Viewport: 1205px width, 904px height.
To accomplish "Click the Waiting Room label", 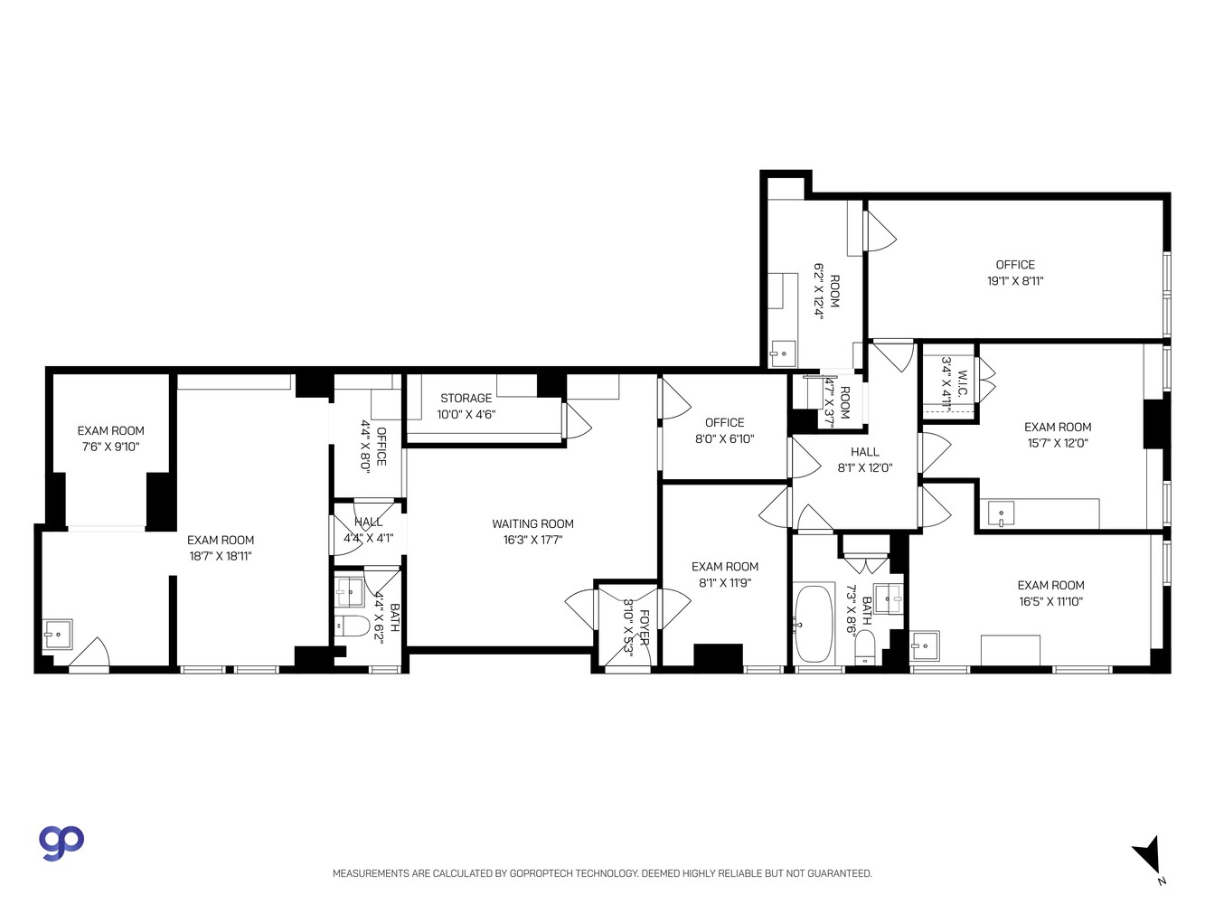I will click(532, 523).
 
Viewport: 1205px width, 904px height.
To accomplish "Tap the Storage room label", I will click(466, 399).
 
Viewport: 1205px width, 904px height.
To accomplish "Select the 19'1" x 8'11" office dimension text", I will click(1015, 281).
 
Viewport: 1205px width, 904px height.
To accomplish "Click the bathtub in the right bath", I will click(815, 624).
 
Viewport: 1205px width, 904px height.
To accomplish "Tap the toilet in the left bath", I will click(352, 626).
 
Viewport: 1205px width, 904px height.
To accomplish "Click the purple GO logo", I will click(61, 842).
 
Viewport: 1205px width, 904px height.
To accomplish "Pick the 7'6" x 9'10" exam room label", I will click(110, 438).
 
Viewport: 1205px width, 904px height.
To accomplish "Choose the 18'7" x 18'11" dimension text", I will click(221, 557).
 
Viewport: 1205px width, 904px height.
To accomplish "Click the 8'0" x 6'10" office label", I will click(724, 430).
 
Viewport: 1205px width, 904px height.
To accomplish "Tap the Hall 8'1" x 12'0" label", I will click(864, 460).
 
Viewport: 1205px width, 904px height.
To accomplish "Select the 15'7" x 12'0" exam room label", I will click(1057, 435).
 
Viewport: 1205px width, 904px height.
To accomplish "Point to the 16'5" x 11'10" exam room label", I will click(1050, 593).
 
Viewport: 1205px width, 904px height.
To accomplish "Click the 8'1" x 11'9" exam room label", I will click(725, 575).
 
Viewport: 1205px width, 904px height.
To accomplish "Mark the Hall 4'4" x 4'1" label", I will click(368, 530).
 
